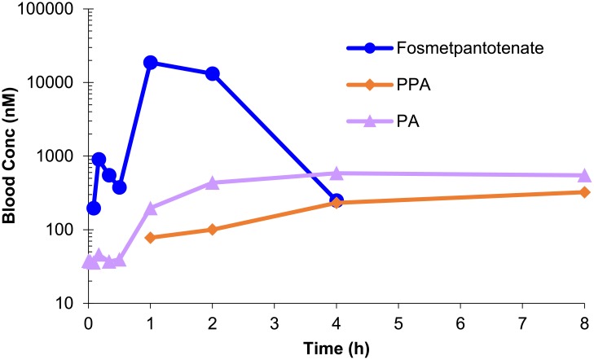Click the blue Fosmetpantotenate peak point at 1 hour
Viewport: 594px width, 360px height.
point(150,63)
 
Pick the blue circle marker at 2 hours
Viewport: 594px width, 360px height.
point(213,73)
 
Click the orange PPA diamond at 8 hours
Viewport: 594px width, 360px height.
point(584,192)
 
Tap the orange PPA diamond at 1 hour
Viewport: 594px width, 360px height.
point(150,238)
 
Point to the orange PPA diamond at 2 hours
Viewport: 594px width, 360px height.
point(213,230)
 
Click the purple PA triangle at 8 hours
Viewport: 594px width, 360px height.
point(584,175)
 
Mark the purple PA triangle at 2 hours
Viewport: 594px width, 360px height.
point(213,182)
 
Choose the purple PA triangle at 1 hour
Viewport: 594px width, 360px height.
point(150,209)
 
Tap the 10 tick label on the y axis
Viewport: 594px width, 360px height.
point(66,303)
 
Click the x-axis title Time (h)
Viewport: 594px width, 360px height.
point(336,345)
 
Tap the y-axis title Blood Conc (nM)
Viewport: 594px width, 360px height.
point(13,156)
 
